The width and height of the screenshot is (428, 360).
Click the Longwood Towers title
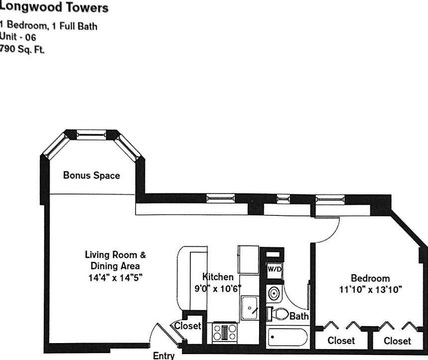pos(54,7)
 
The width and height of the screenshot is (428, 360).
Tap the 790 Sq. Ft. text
pos(22,49)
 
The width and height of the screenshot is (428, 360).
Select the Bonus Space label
pos(92,176)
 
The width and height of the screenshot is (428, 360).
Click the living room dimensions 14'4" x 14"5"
pos(115,278)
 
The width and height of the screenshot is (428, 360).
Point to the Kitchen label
pos(218,277)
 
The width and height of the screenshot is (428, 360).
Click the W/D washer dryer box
pos(275,269)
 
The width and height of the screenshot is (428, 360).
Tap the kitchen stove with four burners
pos(225,332)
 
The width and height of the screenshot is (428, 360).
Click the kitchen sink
pos(250,308)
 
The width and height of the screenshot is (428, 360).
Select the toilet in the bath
pos(278,314)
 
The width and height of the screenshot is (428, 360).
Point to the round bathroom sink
pos(274,294)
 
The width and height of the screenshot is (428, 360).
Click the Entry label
pos(164,356)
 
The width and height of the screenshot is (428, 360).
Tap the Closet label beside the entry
pos(187,326)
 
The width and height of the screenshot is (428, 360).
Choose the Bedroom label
pos(370,278)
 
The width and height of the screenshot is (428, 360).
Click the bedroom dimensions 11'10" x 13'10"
pos(370,289)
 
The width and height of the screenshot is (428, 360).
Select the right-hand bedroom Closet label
pos(397,341)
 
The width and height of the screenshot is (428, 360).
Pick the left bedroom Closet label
pos(341,341)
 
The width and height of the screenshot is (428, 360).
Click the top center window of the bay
pos(91,135)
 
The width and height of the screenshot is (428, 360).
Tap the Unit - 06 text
pos(18,36)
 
